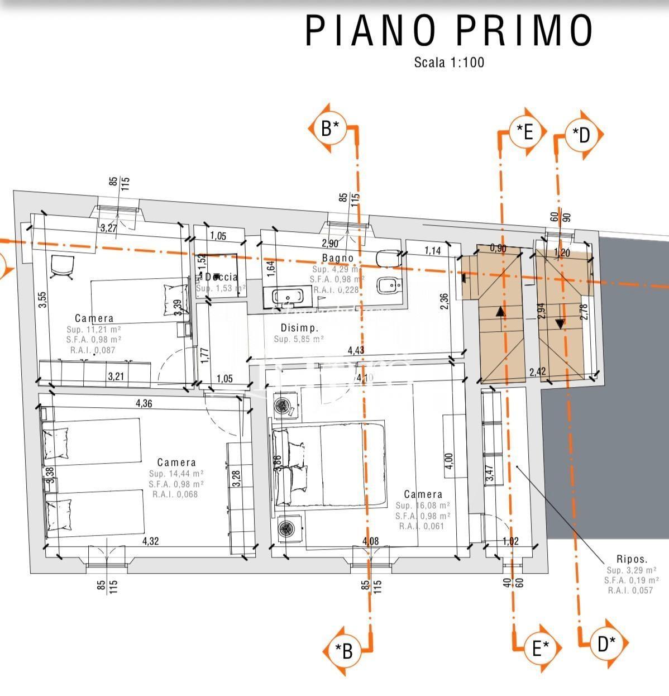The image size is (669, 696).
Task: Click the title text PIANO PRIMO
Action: point(449,31)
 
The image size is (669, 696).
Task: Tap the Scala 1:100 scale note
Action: point(449,63)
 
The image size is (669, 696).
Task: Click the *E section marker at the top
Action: point(525,132)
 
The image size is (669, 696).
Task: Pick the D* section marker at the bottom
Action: point(607,644)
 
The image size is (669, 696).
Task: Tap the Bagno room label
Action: point(338,258)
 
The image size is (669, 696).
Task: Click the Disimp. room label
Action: point(299,328)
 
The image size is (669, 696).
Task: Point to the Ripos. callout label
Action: point(632,559)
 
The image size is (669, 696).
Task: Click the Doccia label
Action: point(222,277)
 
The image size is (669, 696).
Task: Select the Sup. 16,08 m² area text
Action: point(423,506)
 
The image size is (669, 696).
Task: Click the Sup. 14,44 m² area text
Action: point(176,473)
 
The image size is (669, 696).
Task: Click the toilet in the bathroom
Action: point(386,259)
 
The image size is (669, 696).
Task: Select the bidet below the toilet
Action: point(386,287)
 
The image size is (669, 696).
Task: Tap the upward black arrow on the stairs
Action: point(500,312)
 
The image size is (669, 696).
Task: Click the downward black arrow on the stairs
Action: point(560,322)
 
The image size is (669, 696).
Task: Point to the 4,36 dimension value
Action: point(144,403)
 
